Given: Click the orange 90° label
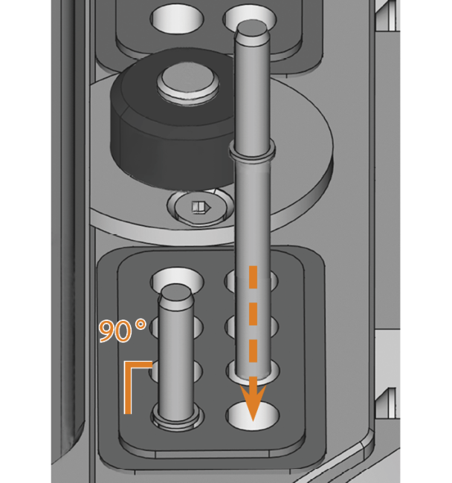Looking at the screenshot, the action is [x=123, y=331].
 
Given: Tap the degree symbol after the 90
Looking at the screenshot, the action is [x=141, y=325].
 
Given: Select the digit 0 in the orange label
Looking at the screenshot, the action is [x=125, y=332].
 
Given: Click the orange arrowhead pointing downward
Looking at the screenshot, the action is [x=253, y=403].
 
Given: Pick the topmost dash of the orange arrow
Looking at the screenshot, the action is [x=253, y=278].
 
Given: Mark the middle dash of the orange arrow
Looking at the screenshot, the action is [x=253, y=314].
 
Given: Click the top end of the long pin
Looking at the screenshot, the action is [x=252, y=27].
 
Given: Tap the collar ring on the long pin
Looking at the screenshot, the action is [x=252, y=151].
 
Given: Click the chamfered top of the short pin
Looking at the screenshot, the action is [x=176, y=296].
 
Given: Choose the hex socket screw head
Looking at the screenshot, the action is [x=200, y=207].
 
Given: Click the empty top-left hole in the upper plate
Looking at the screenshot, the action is [x=178, y=19].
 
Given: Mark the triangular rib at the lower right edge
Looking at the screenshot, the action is [x=385, y=403].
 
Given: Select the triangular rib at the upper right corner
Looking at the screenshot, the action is [x=385, y=16].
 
